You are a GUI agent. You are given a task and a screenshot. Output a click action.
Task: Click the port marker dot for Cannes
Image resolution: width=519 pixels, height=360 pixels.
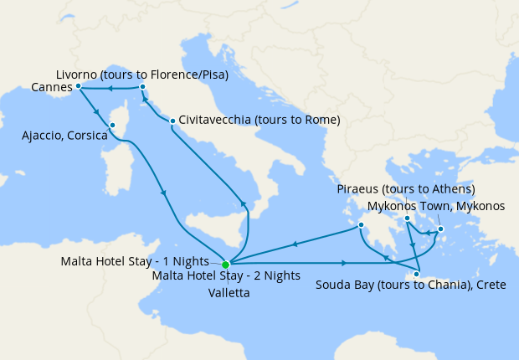pos(78,85)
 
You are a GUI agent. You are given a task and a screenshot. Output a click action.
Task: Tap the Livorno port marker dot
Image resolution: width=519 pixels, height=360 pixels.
pos(143,86)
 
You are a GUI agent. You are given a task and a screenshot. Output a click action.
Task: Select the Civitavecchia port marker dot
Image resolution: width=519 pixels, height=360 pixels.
pos(172,121)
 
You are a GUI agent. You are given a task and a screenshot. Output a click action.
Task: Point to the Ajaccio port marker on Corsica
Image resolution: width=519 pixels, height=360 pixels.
pos(112,126)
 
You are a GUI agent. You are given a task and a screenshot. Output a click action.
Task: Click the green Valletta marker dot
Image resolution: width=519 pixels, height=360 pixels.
pos(225,265)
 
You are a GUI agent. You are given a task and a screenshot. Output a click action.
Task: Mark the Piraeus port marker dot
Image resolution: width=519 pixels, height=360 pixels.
pos(407,219)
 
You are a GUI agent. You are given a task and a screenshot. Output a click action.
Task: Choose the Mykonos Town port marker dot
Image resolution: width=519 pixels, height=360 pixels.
pos(440,228)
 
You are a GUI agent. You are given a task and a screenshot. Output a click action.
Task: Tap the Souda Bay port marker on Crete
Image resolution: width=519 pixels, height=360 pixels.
pos(417,274)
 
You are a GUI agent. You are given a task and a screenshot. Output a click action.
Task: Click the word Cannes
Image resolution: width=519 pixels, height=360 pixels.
pos(51,86)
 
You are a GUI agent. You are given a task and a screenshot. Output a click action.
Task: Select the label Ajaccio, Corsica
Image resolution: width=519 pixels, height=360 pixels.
pos(64,135)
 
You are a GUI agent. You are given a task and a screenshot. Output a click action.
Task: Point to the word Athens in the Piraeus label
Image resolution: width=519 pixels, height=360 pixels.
pos(452,188)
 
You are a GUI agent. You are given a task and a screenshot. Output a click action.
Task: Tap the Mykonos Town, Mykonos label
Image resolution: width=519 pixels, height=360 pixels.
pos(437,205)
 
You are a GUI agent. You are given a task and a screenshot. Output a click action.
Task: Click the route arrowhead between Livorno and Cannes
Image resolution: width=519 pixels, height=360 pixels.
pos(110,87)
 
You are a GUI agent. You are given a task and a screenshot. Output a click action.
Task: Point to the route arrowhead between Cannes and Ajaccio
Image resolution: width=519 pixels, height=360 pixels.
pos(98,111)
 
